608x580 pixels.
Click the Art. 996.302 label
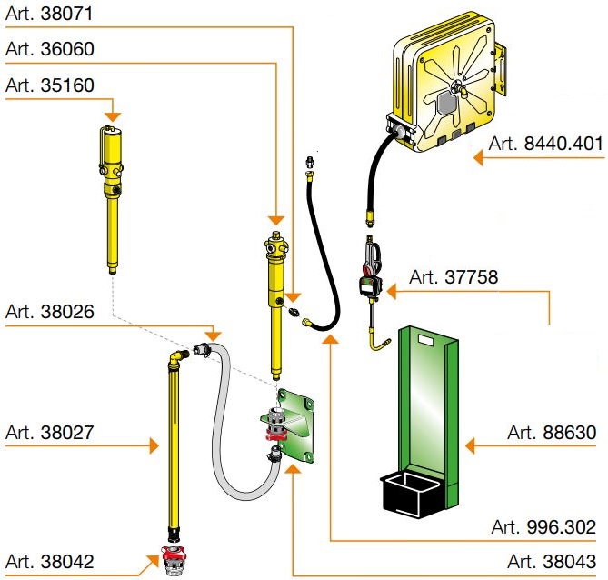click(x=543, y=526)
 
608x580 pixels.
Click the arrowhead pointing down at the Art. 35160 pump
click(x=113, y=116)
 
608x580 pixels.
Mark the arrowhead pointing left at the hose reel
click(x=481, y=157)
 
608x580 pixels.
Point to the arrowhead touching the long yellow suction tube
click(x=154, y=445)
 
